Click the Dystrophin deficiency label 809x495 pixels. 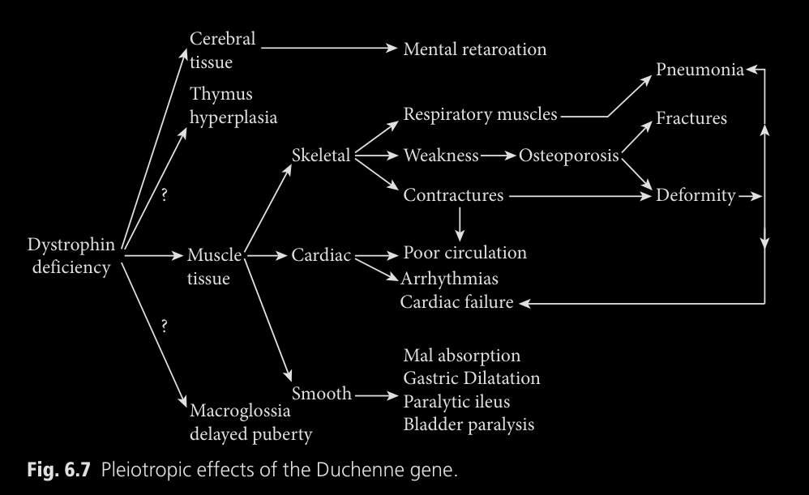(x=71, y=256)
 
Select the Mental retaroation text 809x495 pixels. (x=475, y=49)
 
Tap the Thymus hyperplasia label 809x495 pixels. (x=233, y=105)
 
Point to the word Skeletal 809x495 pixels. (x=321, y=155)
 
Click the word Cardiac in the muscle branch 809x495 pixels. (x=321, y=256)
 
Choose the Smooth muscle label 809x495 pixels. (x=321, y=395)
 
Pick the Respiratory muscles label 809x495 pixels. (x=480, y=114)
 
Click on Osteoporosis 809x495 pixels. (x=569, y=155)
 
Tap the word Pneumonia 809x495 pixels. (x=700, y=70)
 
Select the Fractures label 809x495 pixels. (x=691, y=118)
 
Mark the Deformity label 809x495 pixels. (x=696, y=195)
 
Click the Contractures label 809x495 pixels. (x=453, y=195)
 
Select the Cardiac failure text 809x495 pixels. (x=456, y=302)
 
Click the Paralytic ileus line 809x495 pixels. (x=456, y=401)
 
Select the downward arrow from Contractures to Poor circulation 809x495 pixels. (x=460, y=222)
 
